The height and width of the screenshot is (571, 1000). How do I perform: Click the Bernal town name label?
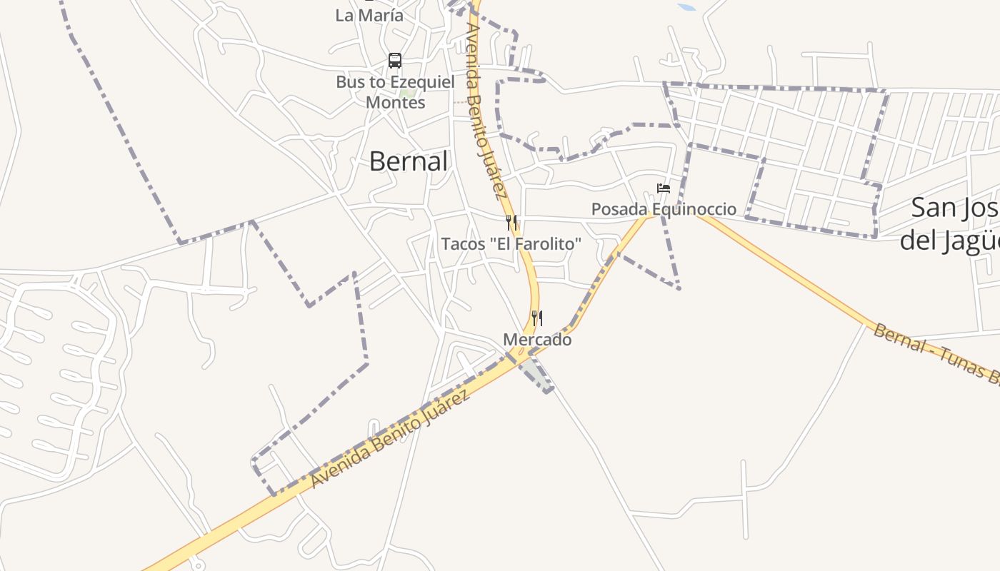pyautogui.click(x=409, y=161)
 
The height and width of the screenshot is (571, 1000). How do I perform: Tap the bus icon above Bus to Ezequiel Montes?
pyautogui.click(x=395, y=61)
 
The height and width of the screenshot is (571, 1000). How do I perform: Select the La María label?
pyautogui.click(x=369, y=15)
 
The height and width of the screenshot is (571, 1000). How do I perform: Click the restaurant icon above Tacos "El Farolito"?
pyautogui.click(x=511, y=223)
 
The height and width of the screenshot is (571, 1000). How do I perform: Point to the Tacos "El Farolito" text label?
pyautogui.click(x=511, y=244)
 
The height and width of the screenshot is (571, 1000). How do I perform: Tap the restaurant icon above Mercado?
pyautogui.click(x=537, y=318)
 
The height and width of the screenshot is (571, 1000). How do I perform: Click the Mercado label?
pyautogui.click(x=537, y=340)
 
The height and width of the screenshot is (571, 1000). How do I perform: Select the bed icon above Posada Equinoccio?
pyautogui.click(x=664, y=188)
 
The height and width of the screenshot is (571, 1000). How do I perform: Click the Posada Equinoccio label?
pyautogui.click(x=664, y=209)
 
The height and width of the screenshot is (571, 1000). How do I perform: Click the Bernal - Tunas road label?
pyautogui.click(x=936, y=353)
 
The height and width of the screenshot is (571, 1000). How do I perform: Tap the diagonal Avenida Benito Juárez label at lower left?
pyautogui.click(x=391, y=439)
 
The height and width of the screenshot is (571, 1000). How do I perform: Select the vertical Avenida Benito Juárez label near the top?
pyautogui.click(x=486, y=111)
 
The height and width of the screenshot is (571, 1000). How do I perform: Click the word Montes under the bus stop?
pyautogui.click(x=395, y=102)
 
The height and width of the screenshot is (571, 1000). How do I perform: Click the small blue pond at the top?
pyautogui.click(x=686, y=7)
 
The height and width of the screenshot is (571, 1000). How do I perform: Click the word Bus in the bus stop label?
pyautogui.click(x=351, y=82)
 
